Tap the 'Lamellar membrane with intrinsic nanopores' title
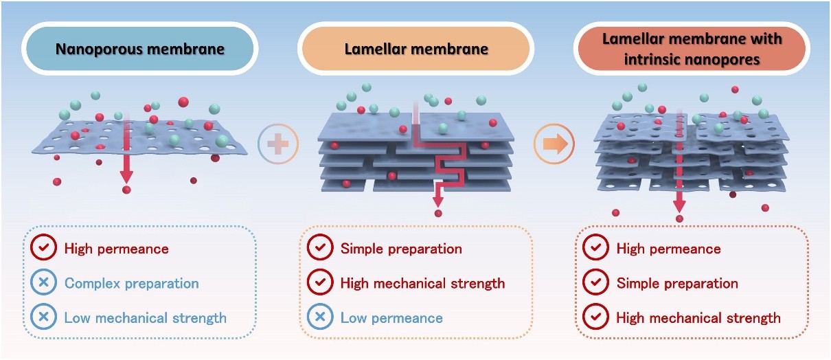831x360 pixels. (x=692, y=49)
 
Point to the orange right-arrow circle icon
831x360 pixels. (x=553, y=144)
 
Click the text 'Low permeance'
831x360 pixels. (x=391, y=317)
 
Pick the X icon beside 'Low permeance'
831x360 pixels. (x=321, y=317)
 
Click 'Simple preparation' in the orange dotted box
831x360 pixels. (x=401, y=249)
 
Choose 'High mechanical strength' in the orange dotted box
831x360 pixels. (x=422, y=283)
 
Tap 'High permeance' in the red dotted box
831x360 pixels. (x=668, y=249)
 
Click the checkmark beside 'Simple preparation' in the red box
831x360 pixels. (x=595, y=283)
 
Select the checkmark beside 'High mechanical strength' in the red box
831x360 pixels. (x=595, y=317)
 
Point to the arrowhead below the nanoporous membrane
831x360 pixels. (x=126, y=178)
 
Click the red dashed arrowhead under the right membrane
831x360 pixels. (x=679, y=205)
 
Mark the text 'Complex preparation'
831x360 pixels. (x=131, y=283)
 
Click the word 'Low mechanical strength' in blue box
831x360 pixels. (x=145, y=317)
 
